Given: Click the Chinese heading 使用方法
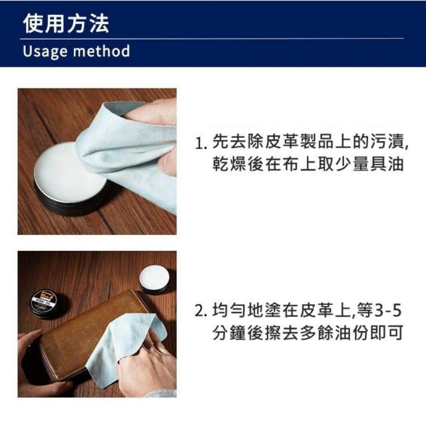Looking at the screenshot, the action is point(66,23).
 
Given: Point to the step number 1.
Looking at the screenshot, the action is point(200,144).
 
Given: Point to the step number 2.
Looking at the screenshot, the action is point(200,311).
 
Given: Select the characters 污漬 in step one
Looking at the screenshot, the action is point(389,142).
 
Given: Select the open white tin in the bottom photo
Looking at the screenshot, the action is point(155,280).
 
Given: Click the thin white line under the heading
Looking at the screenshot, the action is point(212,39).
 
